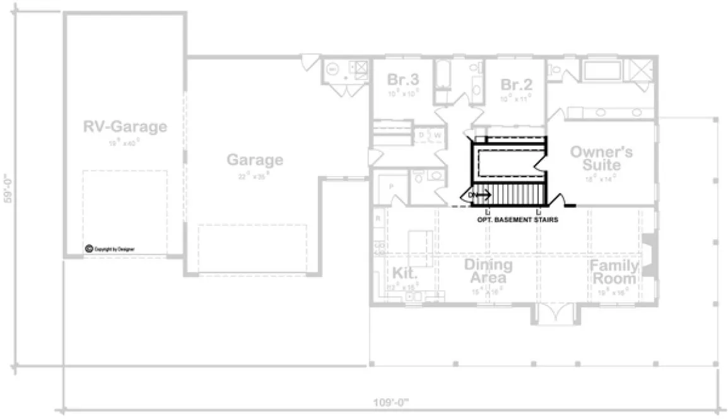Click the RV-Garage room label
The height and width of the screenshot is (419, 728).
[x=125, y=127]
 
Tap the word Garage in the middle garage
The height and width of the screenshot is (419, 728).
[x=255, y=160]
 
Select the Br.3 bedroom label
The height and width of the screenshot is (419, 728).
[x=403, y=80]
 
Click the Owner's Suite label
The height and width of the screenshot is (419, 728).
[x=602, y=158]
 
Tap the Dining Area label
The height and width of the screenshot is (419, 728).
[x=488, y=271]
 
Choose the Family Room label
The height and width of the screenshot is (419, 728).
[x=614, y=272]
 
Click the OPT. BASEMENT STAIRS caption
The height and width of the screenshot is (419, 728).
[x=517, y=221]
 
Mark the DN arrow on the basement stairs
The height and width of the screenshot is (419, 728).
[x=479, y=194]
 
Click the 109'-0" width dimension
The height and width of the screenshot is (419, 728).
[x=391, y=401]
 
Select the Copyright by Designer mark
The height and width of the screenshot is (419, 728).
[x=110, y=249]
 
